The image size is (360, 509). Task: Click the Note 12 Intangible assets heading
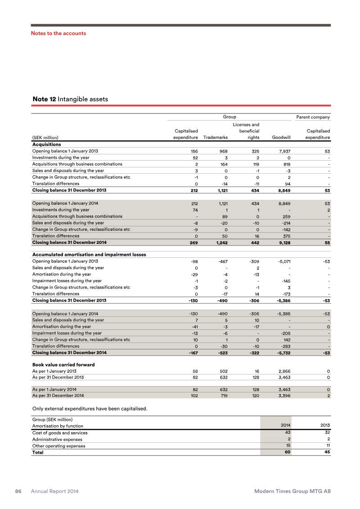click(70, 99)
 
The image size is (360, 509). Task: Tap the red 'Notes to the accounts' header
click(58, 33)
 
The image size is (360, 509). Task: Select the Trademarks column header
click(216, 137)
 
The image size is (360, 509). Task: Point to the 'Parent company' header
click(313, 117)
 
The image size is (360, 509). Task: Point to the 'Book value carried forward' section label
click(63, 364)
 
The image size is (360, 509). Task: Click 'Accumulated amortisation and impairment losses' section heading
click(89, 254)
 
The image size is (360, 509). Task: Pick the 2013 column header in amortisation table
click(325, 425)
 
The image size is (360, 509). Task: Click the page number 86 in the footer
click(19, 491)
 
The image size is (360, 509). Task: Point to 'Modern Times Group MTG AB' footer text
click(292, 491)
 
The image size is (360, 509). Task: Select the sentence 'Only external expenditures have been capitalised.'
click(90, 409)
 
